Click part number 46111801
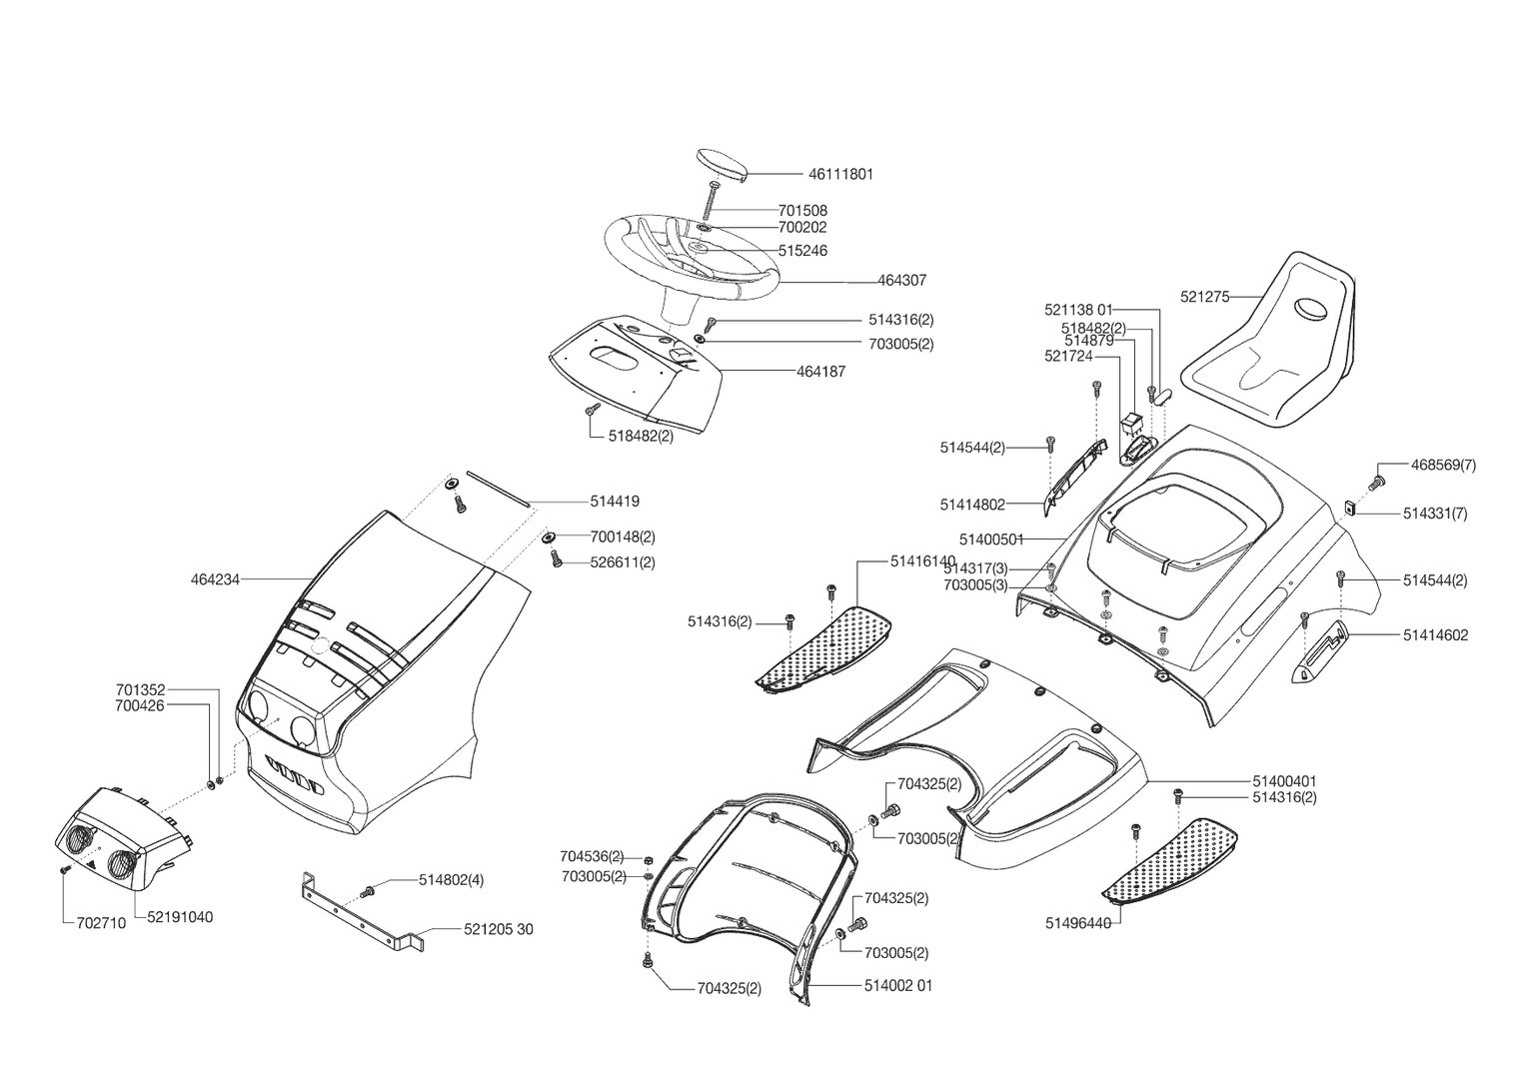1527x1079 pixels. [x=840, y=174]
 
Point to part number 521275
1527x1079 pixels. [x=1204, y=297]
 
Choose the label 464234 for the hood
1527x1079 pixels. [x=215, y=579]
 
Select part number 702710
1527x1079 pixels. [x=101, y=924]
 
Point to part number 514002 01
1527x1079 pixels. [x=898, y=986]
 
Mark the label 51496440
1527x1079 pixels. [x=1078, y=923]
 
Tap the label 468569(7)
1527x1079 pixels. [x=1443, y=466]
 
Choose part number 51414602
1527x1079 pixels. [x=1436, y=634]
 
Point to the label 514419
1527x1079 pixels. [x=615, y=502]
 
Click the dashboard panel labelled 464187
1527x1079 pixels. [x=640, y=375]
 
